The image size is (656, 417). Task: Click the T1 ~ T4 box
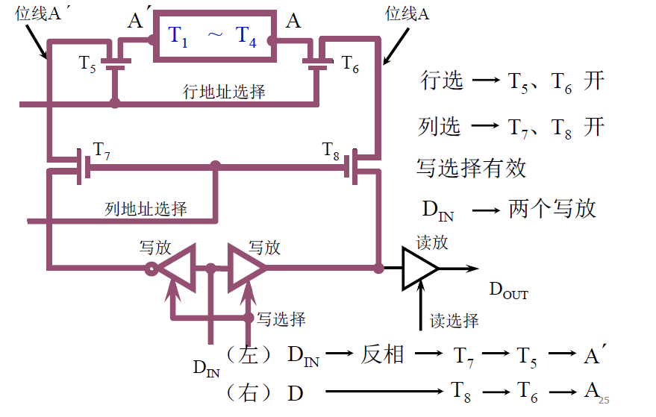coord(212,36)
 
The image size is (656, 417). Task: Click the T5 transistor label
coord(88,63)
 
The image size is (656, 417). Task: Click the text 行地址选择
coord(224,92)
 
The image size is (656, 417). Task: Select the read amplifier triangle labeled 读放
coord(419,269)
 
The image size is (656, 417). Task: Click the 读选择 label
coord(454,321)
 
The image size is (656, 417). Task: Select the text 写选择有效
coord(471,168)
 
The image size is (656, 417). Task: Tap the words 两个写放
coord(552,208)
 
